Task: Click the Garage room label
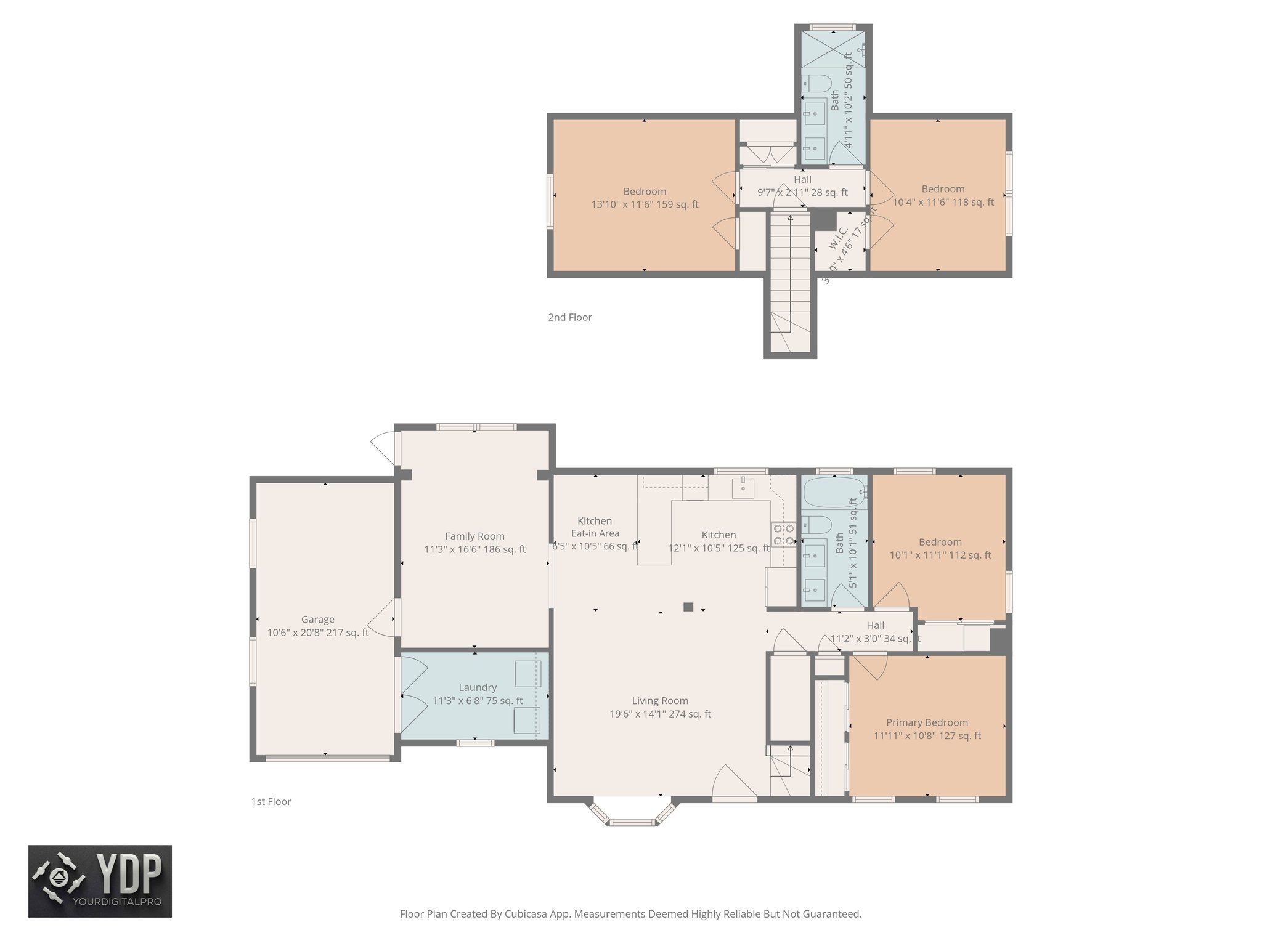tap(317, 619)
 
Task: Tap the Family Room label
tap(474, 536)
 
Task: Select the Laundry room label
tap(477, 687)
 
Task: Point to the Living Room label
tap(659, 700)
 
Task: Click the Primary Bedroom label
tap(927, 722)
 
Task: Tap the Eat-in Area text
tap(595, 533)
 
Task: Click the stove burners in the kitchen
tap(783, 535)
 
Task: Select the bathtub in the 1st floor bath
tap(834, 491)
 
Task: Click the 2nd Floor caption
tap(569, 317)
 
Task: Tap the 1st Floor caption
tap(271, 801)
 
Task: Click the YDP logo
tap(100, 881)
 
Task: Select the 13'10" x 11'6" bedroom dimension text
tap(645, 204)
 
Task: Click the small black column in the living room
tap(688, 607)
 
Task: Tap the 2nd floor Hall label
tap(802, 179)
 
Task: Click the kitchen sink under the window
tap(744, 487)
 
